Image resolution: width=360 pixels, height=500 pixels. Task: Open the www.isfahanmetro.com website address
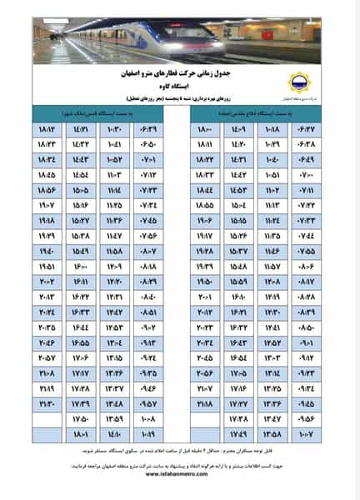click(179, 491)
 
